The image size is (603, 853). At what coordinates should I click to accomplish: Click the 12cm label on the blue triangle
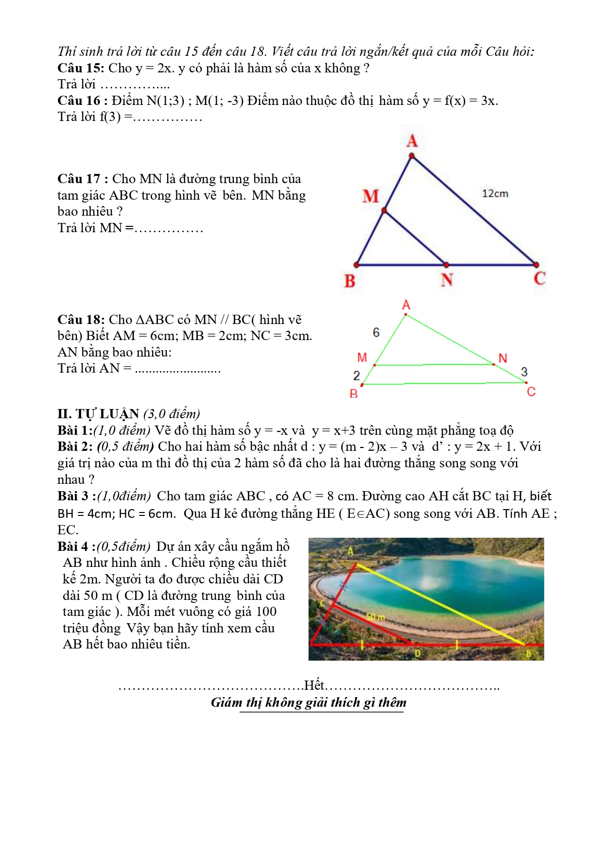495,193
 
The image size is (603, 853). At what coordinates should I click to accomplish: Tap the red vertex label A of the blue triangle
412,141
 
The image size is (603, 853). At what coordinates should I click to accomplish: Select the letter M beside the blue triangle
370,196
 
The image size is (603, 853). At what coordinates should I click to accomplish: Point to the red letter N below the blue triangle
447,280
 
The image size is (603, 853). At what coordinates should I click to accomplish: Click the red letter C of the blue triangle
539,278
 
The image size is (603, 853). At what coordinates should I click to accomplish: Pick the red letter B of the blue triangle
350,281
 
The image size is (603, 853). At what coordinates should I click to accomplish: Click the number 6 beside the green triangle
376,332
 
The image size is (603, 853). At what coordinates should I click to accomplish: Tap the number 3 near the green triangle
524,372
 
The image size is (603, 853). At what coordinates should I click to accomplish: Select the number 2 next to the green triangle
356,375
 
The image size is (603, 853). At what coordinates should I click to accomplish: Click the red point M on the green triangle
374,365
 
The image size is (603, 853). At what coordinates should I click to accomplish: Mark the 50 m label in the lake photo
375,617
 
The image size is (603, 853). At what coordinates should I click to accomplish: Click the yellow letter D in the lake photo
417,654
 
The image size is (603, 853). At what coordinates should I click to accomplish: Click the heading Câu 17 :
83,179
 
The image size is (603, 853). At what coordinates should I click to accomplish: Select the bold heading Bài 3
76,496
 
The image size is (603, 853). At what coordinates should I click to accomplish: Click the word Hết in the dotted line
314,685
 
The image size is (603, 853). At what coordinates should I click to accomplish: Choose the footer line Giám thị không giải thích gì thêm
309,702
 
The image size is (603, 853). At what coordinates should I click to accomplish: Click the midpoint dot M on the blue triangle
384,211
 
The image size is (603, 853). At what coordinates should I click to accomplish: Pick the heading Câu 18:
81,320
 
